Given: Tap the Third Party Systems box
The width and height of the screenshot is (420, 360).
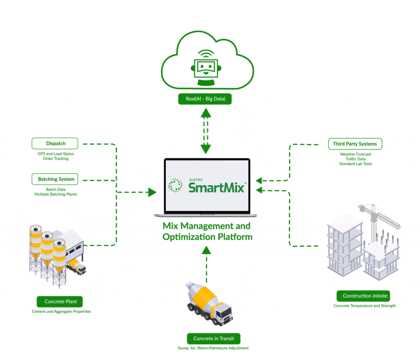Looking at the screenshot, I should tap(355, 144).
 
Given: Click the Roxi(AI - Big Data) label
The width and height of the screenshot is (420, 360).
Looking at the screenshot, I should tap(205, 99).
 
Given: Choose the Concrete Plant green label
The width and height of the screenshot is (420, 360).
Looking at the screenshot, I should tap(60, 302).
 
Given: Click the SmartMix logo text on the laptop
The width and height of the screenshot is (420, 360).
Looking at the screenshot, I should tap(217, 187).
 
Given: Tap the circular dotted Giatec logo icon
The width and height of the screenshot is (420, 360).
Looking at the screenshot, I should tap(176, 186).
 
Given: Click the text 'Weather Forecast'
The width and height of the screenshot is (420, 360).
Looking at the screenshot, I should tap(355, 154).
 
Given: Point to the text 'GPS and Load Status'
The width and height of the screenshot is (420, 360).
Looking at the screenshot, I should tap(56, 154).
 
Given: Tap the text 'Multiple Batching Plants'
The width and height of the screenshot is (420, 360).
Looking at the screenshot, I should tap(56, 194).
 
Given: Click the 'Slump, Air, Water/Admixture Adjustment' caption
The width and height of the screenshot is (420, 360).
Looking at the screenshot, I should tap(210, 348).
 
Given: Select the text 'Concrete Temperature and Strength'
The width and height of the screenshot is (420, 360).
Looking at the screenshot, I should tap(365, 306).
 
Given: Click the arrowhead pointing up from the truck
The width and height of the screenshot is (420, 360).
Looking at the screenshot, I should tap(206, 249).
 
